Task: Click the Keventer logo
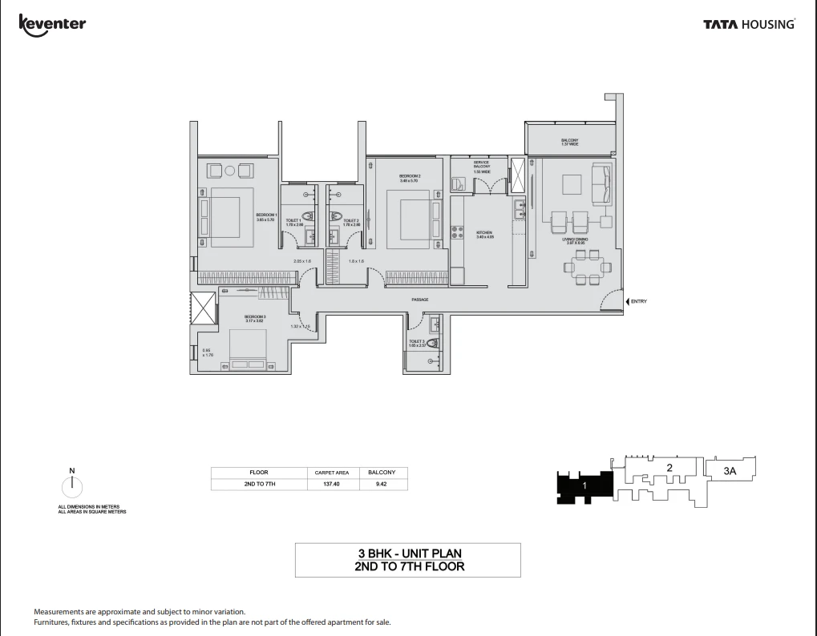click(x=52, y=23)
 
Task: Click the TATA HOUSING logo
click(x=749, y=25)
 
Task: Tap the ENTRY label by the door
click(x=638, y=301)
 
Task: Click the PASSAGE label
click(x=420, y=300)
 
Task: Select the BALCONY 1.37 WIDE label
click(x=569, y=142)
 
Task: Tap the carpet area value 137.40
click(x=331, y=484)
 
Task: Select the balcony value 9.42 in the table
click(x=382, y=484)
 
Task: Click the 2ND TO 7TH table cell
click(x=258, y=484)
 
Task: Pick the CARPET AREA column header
click(x=331, y=473)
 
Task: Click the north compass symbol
click(x=72, y=485)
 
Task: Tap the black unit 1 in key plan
click(x=584, y=486)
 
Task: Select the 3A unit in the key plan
click(x=730, y=472)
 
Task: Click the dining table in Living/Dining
click(x=588, y=266)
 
